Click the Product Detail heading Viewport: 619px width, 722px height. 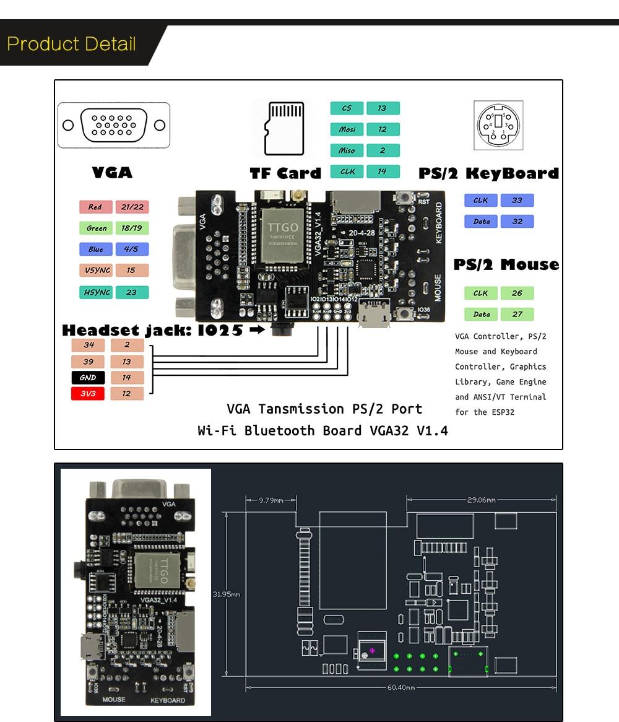tap(71, 44)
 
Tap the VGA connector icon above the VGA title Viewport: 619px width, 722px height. tap(114, 125)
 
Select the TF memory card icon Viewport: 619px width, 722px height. tap(284, 128)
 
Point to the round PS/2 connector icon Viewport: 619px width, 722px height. tap(498, 125)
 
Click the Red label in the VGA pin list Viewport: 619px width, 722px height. tap(95, 207)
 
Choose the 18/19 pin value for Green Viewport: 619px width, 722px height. tap(131, 228)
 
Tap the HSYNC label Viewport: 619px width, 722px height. tap(96, 292)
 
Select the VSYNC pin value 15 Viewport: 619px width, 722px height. tap(131, 271)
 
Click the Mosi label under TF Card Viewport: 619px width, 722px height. tap(347, 129)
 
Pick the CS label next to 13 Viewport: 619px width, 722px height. tap(347, 108)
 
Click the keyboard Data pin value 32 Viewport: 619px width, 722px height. tap(517, 221)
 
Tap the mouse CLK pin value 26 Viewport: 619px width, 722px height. tap(517, 293)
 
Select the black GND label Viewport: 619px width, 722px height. tap(88, 377)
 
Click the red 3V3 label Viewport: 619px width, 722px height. tap(88, 393)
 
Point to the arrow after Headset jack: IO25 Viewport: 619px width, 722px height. tap(257, 330)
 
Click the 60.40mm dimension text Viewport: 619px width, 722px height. tap(401, 687)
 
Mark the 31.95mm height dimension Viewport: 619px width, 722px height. tap(227, 594)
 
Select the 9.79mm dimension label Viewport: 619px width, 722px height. tap(271, 499)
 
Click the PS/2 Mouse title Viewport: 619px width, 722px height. tap(506, 265)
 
